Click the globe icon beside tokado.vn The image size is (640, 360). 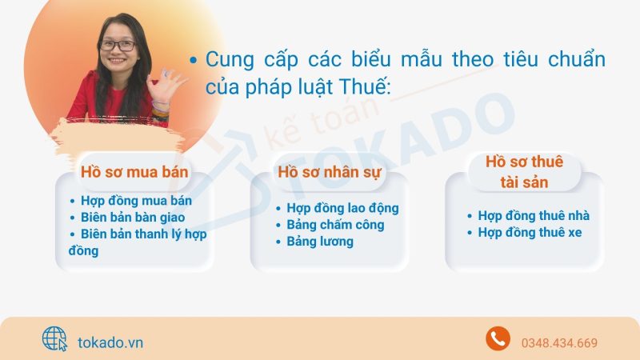pos(54,338)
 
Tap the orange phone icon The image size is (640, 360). pos(498,338)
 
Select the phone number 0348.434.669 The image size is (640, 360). pos(559,343)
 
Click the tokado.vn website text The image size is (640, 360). pos(110,342)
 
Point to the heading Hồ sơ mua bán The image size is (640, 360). pos(134,172)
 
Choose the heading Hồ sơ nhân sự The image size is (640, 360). pos(330,172)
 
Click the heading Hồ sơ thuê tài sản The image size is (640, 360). pos(525,172)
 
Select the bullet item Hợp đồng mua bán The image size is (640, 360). pos(136,201)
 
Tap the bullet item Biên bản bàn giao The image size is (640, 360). pos(133,218)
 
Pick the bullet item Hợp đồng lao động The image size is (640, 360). pos(342,208)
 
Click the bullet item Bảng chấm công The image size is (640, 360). pos(335,225)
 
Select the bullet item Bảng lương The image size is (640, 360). pos(320,242)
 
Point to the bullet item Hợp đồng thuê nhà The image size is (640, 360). pos(534,215)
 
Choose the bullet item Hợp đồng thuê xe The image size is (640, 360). pos(530,232)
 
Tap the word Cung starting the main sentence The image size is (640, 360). pos(230,60)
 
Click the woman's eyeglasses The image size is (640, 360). pos(117,46)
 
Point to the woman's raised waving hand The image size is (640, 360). pos(165,86)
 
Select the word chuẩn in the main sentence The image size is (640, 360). pos(576,59)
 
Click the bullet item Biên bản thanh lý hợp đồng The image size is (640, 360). pos(138,242)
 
